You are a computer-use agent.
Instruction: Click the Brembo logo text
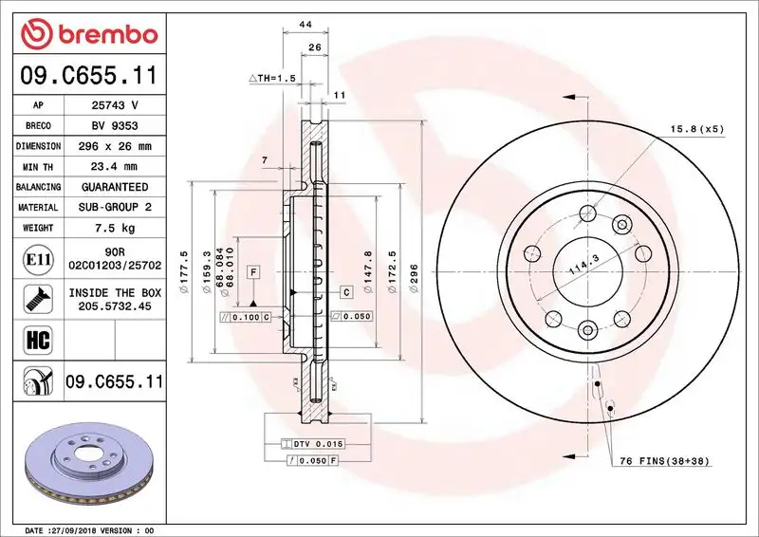[104, 35]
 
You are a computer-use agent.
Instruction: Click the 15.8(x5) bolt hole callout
[696, 128]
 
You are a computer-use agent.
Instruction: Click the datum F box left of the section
[253, 272]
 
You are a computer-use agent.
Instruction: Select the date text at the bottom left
[90, 529]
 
